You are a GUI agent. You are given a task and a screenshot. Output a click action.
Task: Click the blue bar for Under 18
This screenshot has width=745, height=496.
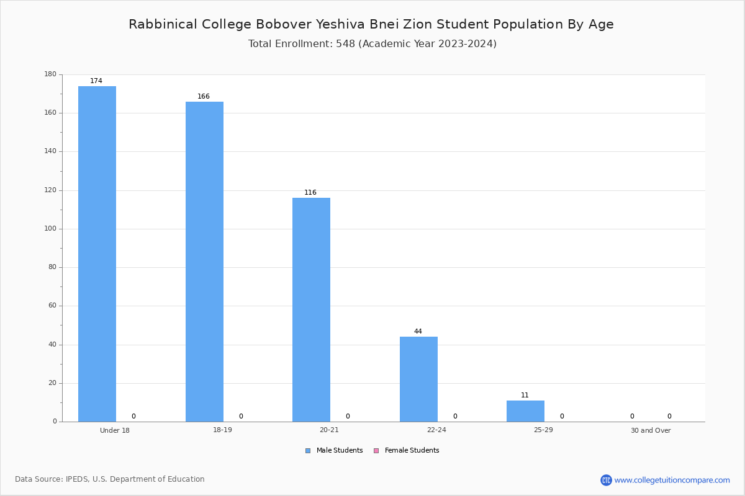[x=97, y=254]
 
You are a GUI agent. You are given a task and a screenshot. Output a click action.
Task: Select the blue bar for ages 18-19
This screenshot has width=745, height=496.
[x=204, y=262]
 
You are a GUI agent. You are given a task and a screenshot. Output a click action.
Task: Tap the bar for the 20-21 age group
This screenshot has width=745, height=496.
[x=311, y=310]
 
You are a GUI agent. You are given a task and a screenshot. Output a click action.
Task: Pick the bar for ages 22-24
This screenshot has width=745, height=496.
[x=418, y=379]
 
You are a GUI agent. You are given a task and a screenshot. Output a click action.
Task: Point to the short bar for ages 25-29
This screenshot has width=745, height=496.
[x=525, y=411]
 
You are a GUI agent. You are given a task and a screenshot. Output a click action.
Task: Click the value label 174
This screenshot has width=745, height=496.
[x=96, y=81]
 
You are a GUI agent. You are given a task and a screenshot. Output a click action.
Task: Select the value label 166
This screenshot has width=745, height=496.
[x=204, y=96]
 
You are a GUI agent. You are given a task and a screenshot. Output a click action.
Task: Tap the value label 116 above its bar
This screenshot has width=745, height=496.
[x=310, y=192]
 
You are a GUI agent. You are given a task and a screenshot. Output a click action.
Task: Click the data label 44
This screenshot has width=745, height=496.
[x=418, y=331]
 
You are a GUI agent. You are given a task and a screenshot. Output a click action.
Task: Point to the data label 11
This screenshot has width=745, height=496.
[x=525, y=395]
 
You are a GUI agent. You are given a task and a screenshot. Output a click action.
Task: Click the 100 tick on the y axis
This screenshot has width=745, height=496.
[x=50, y=229]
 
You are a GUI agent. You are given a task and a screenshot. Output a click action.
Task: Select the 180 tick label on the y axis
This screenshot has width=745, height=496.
[x=50, y=74]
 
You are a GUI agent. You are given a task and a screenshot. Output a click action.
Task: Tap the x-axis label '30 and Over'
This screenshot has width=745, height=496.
[x=651, y=430]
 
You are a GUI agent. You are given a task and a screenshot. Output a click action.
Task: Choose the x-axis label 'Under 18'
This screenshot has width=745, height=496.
[x=115, y=430]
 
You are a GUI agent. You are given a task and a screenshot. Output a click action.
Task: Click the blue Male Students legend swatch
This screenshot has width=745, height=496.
[x=308, y=451]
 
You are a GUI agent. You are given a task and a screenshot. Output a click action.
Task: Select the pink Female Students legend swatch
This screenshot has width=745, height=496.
[x=376, y=451]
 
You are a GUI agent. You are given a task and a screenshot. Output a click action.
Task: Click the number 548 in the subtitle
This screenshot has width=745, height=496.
[x=346, y=44]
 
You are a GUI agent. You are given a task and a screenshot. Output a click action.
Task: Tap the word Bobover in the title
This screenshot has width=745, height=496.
[x=284, y=24]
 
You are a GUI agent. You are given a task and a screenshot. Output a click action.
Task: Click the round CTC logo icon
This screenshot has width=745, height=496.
[x=606, y=480]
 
